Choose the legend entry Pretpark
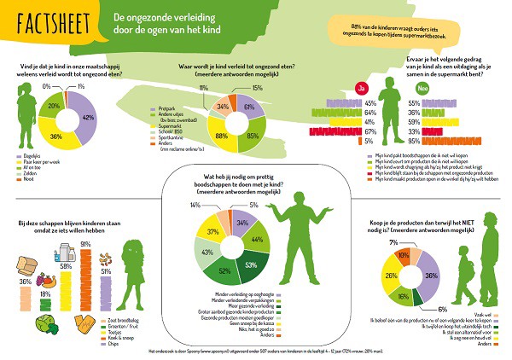point(166,107)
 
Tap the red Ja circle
point(361,88)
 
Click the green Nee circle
point(414,88)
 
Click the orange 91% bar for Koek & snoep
point(85,276)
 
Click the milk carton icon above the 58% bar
point(63,249)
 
